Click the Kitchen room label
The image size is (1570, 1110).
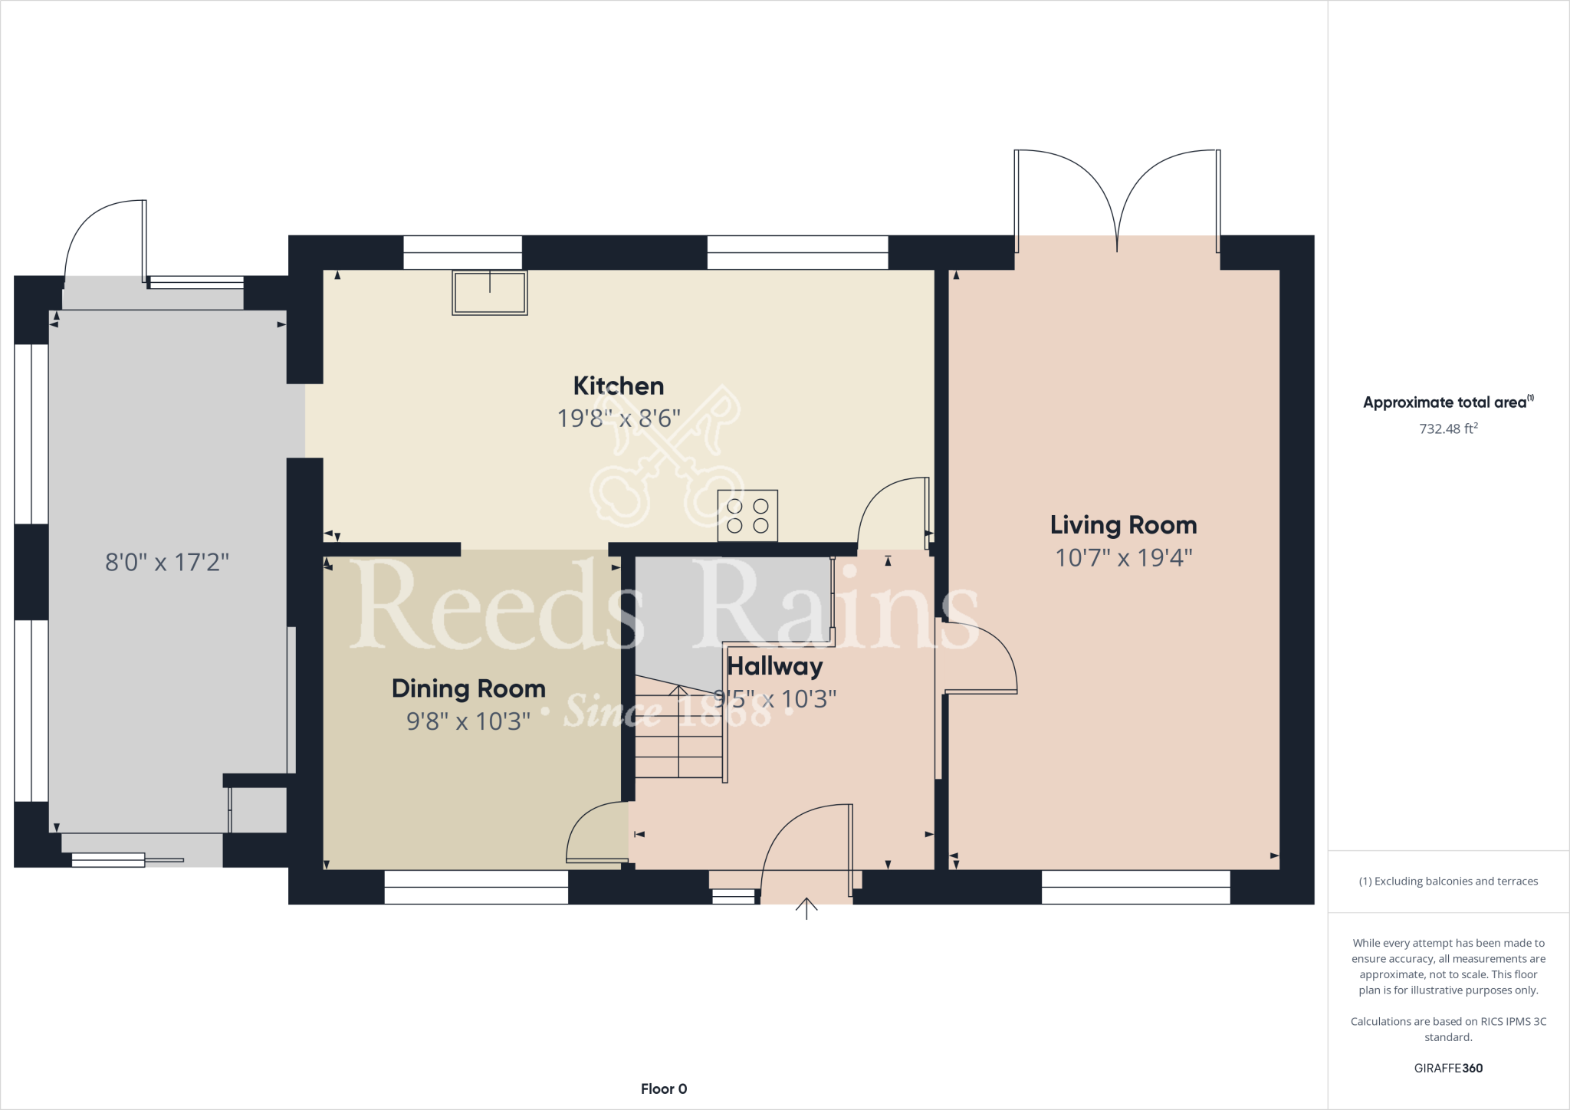point(619,386)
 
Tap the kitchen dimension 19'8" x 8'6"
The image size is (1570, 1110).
point(619,419)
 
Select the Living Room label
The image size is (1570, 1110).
point(1123,525)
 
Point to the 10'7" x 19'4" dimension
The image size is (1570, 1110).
point(1123,557)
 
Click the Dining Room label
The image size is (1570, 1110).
point(468,688)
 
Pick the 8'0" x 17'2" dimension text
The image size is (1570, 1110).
point(167,563)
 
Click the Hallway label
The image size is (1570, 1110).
point(774,666)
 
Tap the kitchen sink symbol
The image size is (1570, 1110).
point(490,293)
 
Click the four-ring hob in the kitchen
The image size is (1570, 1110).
point(747,516)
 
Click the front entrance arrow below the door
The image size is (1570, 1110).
point(806,908)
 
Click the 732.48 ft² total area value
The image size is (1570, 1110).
point(1448,429)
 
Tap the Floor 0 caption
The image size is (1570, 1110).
point(664,1089)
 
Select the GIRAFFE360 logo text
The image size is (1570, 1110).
point(1448,1068)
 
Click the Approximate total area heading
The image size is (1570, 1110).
point(1446,402)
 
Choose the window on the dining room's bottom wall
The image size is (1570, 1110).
point(476,888)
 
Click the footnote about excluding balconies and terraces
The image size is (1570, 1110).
point(1448,882)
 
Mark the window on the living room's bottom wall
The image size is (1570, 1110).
point(1135,888)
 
